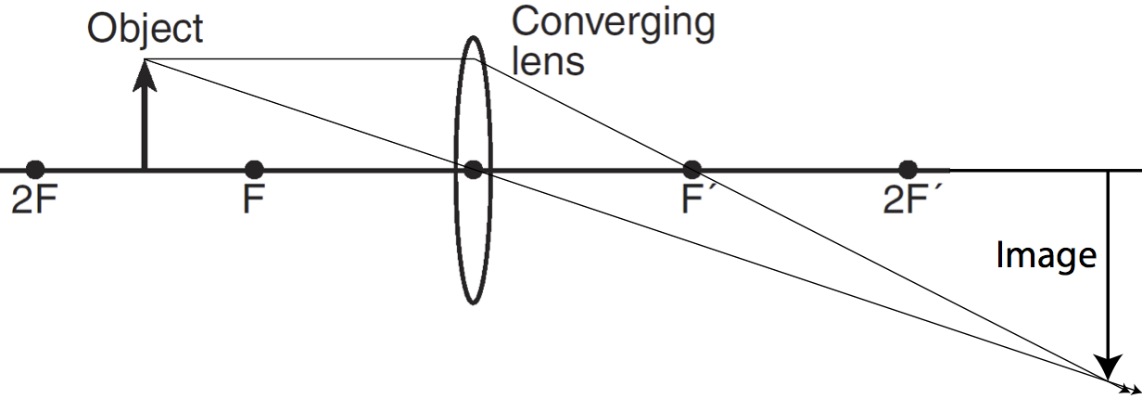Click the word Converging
(613, 23)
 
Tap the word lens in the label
(549, 61)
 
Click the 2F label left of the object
(33, 200)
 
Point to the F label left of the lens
(254, 200)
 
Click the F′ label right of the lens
(694, 200)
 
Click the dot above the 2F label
(35, 170)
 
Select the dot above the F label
(254, 170)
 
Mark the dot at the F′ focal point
(692, 170)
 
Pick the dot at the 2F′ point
(908, 170)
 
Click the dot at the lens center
(473, 170)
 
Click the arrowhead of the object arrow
(145, 74)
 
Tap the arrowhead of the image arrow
(1107, 367)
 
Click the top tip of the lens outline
(473, 36)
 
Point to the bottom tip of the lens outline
(473, 303)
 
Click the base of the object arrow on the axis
(145, 170)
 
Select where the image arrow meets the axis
(1107, 171)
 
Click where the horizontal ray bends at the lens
(473, 60)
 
